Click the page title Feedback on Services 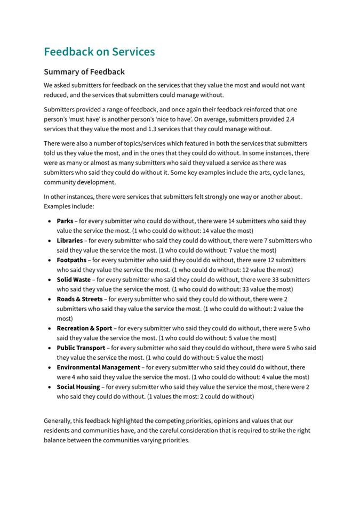[99, 52]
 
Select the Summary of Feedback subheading [84, 71]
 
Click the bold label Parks [65, 221]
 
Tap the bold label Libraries [70, 240]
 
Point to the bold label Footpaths [71, 260]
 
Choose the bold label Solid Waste [74, 279]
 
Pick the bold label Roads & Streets [79, 299]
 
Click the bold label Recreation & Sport [84, 328]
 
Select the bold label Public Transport [81, 348]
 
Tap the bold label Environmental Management [98, 367]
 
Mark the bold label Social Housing [78, 387]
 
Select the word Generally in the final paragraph [59, 421]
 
